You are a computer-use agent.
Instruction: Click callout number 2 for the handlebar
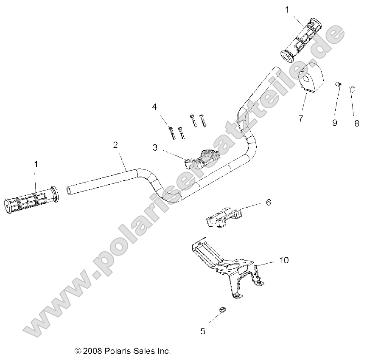tap(115, 146)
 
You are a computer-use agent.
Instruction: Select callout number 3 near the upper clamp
tap(155, 147)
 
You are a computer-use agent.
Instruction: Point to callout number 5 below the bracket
tap(203, 331)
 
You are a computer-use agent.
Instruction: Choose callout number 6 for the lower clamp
tap(268, 203)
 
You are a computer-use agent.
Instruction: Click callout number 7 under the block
tap(300, 119)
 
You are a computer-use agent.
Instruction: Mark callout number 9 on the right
tap(335, 123)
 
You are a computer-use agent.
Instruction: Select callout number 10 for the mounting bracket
tap(283, 260)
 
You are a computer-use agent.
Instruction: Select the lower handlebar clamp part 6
tap(222, 215)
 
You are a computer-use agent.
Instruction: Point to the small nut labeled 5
tap(222, 310)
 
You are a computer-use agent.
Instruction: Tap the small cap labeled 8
tap(352, 89)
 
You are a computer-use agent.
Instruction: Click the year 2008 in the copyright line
tap(92, 351)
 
